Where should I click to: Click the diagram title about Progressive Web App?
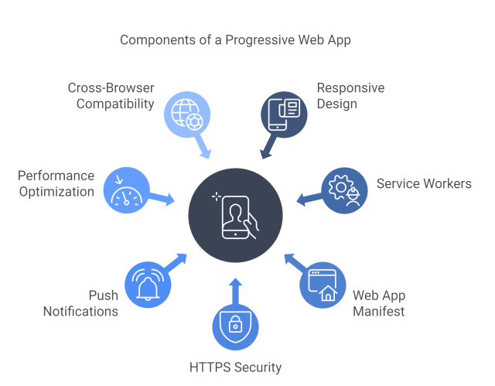(236, 39)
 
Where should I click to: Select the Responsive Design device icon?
(283, 113)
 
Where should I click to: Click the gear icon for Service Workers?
(344, 188)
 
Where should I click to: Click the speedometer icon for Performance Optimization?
(125, 188)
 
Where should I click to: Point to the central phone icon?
(236, 213)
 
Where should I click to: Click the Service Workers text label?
(424, 184)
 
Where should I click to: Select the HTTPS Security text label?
(235, 367)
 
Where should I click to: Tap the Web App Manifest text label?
(379, 303)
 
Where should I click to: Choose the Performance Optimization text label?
(56, 183)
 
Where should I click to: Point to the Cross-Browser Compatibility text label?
(111, 95)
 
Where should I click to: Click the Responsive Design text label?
(350, 95)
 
